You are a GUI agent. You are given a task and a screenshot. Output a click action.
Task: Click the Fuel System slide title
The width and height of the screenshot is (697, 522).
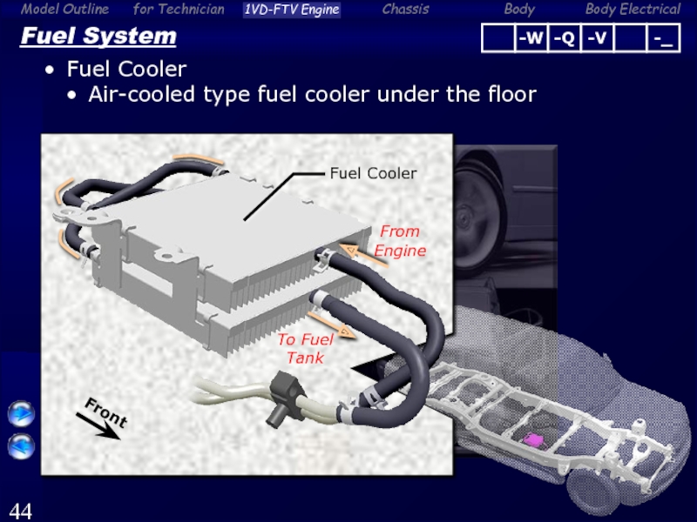98,37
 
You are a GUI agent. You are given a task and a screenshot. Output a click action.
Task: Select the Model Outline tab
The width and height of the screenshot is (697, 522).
64,10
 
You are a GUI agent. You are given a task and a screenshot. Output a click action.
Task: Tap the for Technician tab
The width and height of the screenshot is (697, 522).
179,10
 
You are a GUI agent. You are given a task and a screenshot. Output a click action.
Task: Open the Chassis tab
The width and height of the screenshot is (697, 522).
405,10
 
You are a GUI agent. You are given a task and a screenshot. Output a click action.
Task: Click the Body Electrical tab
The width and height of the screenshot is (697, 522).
633,10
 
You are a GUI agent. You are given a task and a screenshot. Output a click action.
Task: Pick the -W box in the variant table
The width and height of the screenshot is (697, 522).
530,38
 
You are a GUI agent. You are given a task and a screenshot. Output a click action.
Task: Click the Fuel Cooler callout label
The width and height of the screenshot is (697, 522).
372,173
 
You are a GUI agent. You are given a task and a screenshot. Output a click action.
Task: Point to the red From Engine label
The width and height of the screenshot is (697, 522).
400,241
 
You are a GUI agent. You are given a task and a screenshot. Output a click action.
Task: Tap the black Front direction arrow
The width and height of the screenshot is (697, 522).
99,425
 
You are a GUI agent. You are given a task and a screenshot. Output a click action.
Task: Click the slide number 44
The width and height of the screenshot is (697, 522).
21,510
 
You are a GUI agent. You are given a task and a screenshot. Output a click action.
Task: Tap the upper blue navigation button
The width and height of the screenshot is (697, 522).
21,415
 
